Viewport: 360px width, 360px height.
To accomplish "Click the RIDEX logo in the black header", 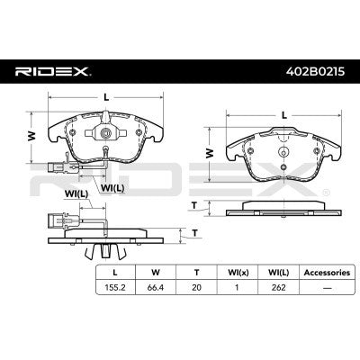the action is (x=53, y=72).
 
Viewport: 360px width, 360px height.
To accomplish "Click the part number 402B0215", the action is (x=315, y=72).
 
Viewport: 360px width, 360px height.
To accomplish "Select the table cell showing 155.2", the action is (x=115, y=287).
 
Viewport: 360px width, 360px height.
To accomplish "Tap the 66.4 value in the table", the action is (x=156, y=287).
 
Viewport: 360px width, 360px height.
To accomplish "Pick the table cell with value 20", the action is (x=196, y=287).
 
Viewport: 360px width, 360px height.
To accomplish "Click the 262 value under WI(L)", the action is (x=278, y=287).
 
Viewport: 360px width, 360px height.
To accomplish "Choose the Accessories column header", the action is (x=327, y=273).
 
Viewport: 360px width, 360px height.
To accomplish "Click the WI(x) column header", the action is (x=238, y=273).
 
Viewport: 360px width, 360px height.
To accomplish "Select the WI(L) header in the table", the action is (x=278, y=273).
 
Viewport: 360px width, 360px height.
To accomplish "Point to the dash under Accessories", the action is (x=327, y=288).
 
